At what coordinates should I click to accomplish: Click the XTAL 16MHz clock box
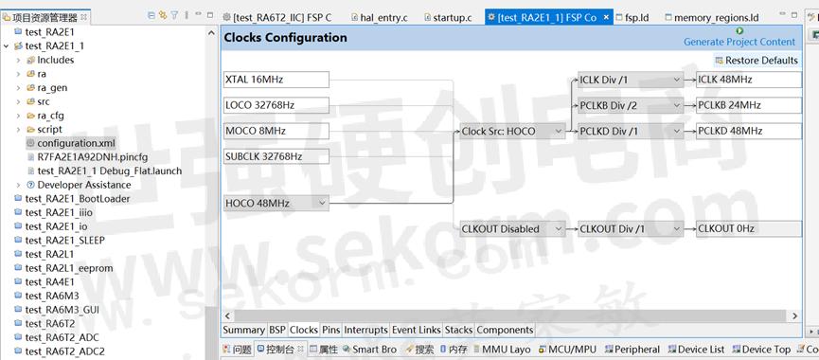click(276, 80)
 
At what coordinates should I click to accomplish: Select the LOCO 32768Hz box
click(276, 105)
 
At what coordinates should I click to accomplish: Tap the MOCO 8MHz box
click(276, 131)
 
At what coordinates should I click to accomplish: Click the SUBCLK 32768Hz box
click(276, 156)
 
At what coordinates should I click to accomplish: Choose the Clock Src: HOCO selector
click(512, 131)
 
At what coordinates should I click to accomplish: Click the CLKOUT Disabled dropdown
click(512, 228)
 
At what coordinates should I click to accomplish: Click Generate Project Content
click(739, 41)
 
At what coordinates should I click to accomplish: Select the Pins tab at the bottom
click(330, 330)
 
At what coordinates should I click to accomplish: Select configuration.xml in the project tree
click(75, 143)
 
